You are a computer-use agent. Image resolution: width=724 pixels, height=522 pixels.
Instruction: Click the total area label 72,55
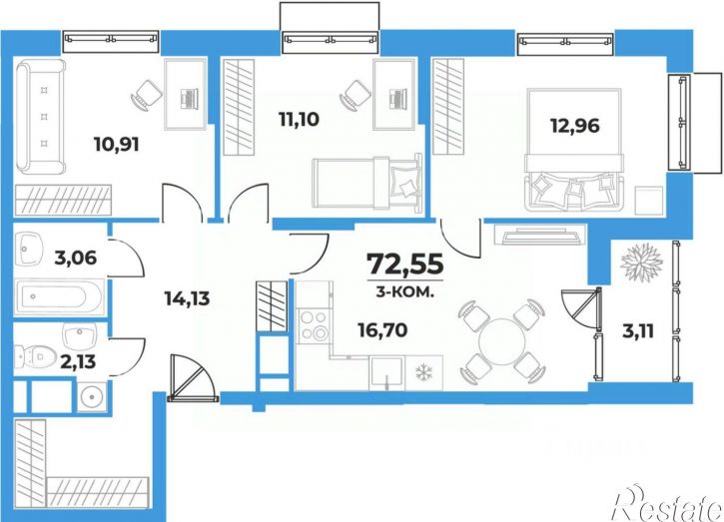405,264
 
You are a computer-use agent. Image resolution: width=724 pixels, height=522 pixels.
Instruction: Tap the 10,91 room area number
117,145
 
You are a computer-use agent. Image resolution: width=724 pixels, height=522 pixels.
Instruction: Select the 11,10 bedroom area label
299,120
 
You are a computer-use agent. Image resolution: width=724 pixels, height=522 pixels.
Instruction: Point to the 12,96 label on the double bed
575,125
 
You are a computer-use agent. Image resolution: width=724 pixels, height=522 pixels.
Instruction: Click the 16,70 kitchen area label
382,330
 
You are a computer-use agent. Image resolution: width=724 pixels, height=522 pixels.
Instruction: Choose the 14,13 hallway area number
187,298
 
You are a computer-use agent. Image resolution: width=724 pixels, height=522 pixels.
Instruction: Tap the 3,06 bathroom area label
76,258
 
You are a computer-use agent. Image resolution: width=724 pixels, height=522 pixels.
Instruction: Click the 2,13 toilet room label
78,361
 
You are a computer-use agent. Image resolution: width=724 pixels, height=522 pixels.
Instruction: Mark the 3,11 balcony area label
638,331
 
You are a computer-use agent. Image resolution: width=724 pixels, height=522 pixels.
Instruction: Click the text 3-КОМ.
405,292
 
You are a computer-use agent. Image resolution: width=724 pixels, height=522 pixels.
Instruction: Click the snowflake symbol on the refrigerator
423,372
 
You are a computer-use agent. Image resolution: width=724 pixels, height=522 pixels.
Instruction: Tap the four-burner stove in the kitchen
314,326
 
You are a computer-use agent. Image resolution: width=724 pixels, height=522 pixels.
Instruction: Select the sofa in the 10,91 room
40,116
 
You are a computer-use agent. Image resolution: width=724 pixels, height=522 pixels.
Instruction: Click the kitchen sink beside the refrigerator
386,373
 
